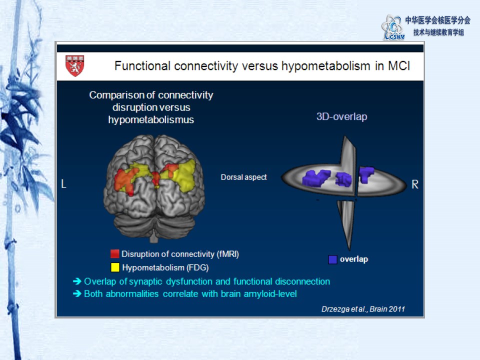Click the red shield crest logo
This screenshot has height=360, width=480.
pyautogui.click(x=74, y=65)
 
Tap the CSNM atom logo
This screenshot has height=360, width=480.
pyautogui.click(x=393, y=27)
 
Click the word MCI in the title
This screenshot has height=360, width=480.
pyautogui.click(x=399, y=66)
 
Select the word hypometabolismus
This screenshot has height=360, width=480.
pyautogui.click(x=151, y=119)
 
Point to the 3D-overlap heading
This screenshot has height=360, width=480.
pyautogui.click(x=341, y=116)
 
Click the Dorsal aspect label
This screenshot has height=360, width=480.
pyautogui.click(x=243, y=177)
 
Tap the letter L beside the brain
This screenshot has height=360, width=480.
pyautogui.click(x=63, y=184)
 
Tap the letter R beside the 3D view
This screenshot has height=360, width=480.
pyautogui.click(x=415, y=184)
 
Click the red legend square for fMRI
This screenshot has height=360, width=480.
pyautogui.click(x=115, y=254)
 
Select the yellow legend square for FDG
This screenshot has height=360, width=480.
pyautogui.click(x=115, y=267)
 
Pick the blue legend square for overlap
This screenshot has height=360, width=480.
pyautogui.click(x=332, y=259)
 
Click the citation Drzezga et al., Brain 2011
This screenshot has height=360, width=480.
pyautogui.click(x=363, y=309)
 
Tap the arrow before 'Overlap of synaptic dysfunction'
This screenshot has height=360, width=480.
pyautogui.click(x=77, y=281)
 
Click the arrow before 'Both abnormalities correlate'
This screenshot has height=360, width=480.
pyautogui.click(x=77, y=293)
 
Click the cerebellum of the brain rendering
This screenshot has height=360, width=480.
pyautogui.click(x=154, y=226)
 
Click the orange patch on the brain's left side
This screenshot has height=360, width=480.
pyautogui.click(x=125, y=180)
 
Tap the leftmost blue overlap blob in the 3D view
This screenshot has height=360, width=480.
pyautogui.click(x=316, y=177)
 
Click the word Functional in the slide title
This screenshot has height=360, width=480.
pyautogui.click(x=142, y=66)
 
